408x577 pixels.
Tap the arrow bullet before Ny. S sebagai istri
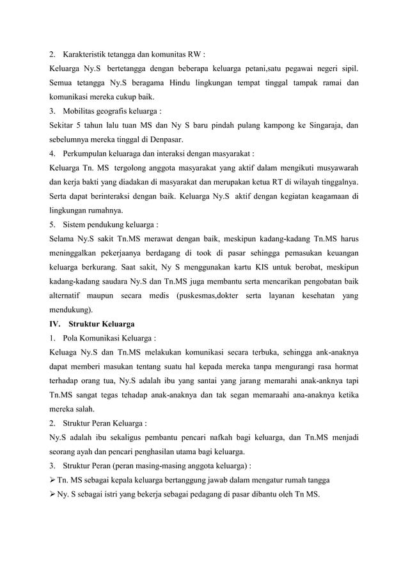click(52, 494)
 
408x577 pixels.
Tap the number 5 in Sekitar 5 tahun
click(82, 125)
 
